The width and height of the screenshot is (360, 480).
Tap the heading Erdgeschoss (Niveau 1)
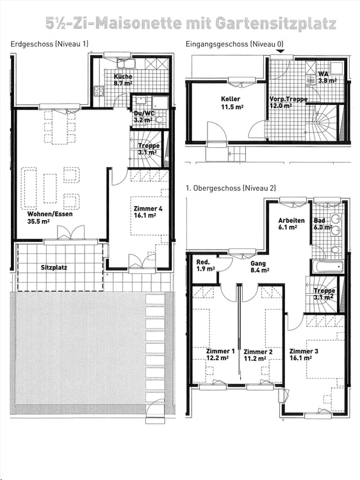pos(50,44)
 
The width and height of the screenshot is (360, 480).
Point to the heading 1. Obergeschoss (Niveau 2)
pos(230,188)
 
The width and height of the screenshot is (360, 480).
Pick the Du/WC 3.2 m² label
pos(143,115)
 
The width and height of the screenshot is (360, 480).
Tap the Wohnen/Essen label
pos(45,214)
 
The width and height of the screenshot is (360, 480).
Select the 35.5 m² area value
pos(40,222)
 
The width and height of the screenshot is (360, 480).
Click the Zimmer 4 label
pos(148,209)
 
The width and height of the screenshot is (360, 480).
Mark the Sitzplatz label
pos(54,267)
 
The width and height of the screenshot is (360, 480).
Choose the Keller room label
pos(231,99)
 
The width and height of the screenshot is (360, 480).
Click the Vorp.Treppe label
pos(282,99)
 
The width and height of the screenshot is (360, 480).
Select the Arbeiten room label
pos(291,220)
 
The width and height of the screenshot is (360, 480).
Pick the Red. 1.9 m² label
pos(204,266)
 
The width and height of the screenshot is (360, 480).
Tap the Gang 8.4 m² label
pos(259,266)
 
